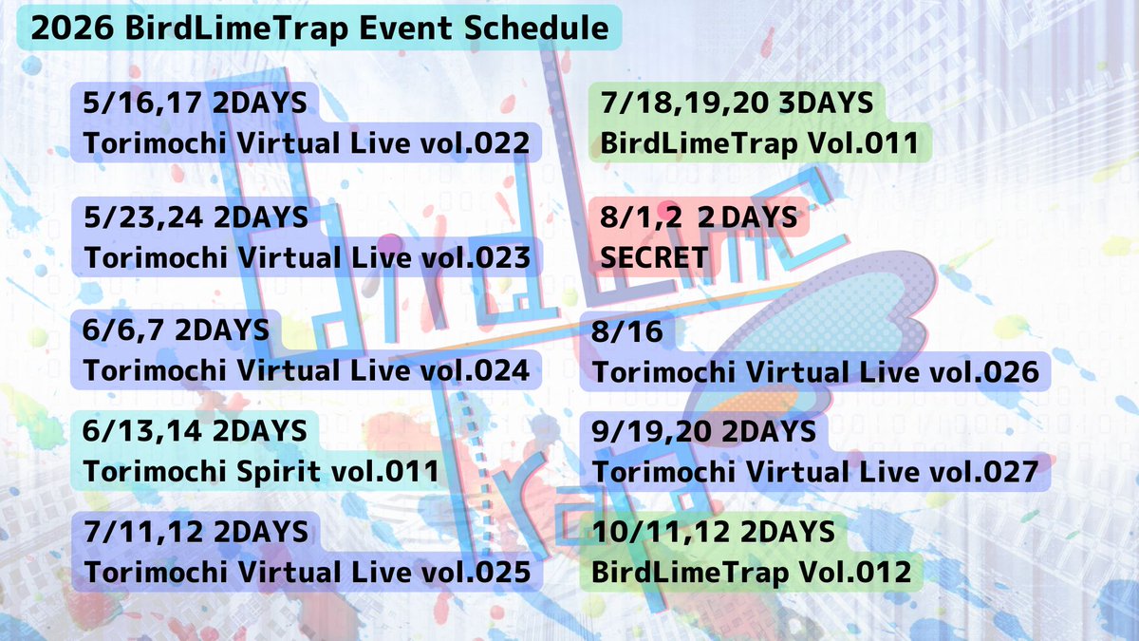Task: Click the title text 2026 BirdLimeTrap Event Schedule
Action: coord(320,28)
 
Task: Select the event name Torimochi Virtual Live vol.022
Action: coord(307,144)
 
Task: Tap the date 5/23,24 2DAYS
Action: coord(196,217)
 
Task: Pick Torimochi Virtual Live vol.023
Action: coord(307,257)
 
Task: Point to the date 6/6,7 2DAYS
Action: coord(177,330)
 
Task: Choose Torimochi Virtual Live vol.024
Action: coord(307,370)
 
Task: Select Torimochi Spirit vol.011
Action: coord(262,471)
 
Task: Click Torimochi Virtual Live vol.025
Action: coord(307,572)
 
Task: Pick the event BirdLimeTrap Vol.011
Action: coord(759,144)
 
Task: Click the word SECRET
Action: coord(654,257)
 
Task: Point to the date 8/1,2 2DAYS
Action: coord(699,217)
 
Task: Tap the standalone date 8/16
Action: coord(627,331)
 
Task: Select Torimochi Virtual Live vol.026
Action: coord(816,372)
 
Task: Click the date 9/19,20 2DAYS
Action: coord(704,431)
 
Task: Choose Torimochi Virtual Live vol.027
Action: coord(816,472)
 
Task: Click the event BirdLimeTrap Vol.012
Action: coord(751,572)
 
